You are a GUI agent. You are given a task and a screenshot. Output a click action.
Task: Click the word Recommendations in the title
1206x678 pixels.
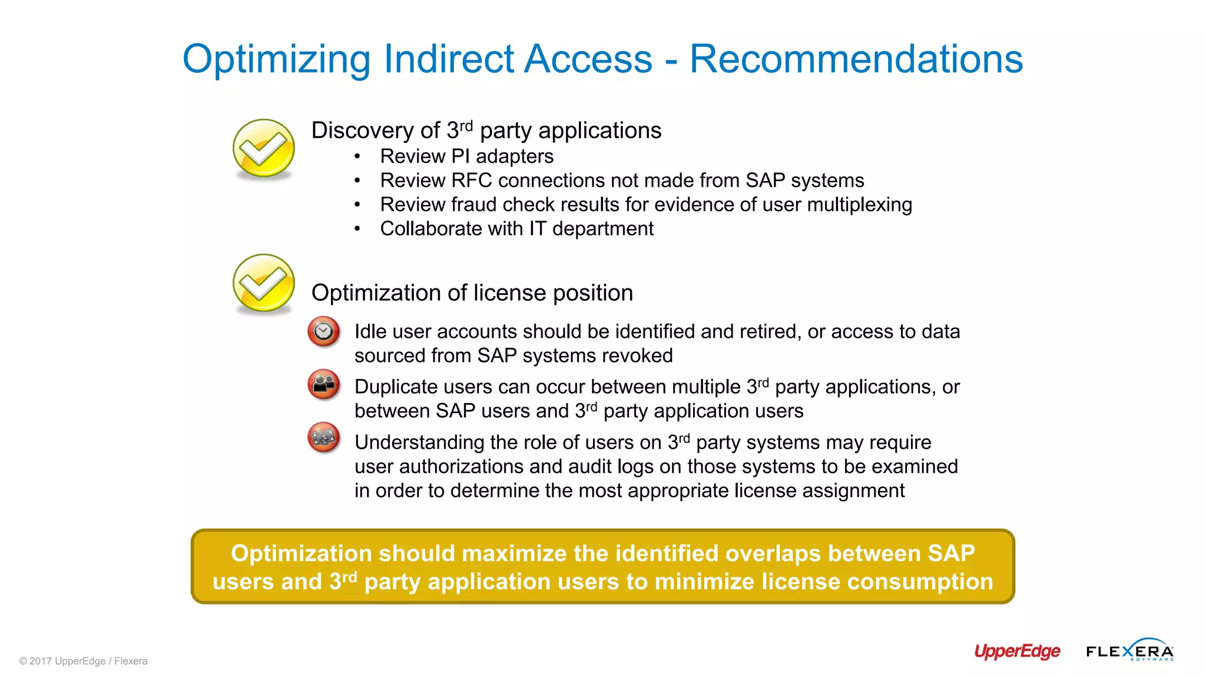(856, 59)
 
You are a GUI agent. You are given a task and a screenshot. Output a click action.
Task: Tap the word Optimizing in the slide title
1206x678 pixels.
(276, 60)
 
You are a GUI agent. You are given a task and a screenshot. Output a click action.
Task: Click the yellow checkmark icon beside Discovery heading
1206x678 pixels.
(263, 148)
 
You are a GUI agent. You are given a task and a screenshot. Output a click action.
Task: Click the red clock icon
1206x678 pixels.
(323, 331)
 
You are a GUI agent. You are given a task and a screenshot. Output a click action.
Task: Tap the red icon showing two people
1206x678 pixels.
(323, 384)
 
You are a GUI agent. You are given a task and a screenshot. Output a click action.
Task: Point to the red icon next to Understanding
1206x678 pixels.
(323, 437)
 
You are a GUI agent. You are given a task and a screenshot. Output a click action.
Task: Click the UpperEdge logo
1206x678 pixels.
(1017, 651)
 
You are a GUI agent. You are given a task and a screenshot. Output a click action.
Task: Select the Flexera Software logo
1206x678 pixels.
(1129, 650)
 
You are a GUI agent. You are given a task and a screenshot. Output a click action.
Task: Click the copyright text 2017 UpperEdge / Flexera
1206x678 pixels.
(84, 661)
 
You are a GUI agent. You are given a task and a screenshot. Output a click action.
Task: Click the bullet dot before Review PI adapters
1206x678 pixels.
(357, 157)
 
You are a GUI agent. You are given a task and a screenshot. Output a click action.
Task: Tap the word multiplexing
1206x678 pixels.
(859, 205)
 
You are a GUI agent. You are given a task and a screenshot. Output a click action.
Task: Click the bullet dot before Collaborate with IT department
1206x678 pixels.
(357, 229)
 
